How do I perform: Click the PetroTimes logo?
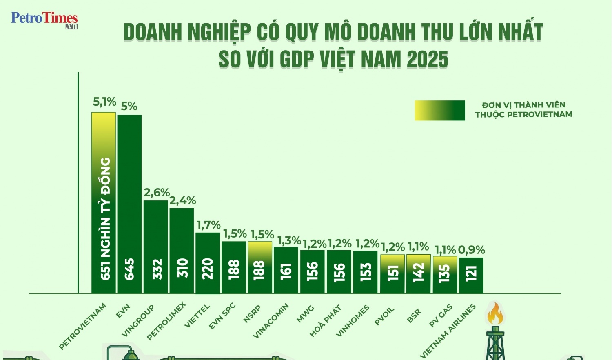[x=44, y=20]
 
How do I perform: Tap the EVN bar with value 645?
[x=129, y=204]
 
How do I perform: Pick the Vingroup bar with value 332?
[x=155, y=247]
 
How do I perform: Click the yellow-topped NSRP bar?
[x=260, y=267]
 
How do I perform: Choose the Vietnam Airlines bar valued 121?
[x=471, y=275]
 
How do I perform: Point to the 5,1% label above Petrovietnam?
[x=104, y=102]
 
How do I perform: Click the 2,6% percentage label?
[x=157, y=192]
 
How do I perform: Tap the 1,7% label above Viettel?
[x=208, y=225]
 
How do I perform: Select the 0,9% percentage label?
[x=471, y=250]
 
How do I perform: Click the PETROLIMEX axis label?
[x=166, y=321]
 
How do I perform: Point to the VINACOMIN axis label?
[x=271, y=321]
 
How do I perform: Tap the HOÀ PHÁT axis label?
[x=325, y=321]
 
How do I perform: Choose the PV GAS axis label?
[x=441, y=316]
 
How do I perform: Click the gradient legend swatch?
[x=440, y=110]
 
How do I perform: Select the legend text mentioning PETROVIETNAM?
[x=523, y=110]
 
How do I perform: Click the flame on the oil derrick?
[x=495, y=313]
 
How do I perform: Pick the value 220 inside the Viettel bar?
[x=208, y=269]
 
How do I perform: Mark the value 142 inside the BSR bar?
[x=419, y=272]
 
